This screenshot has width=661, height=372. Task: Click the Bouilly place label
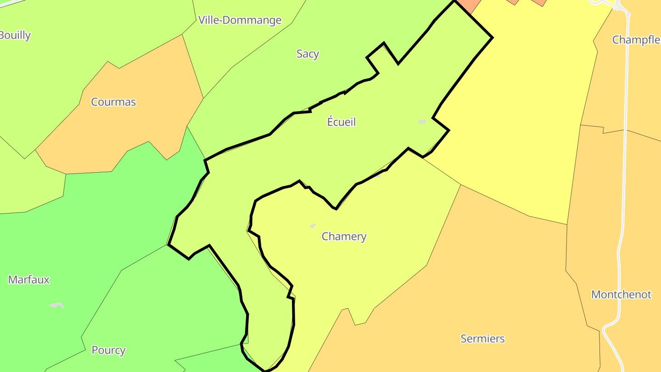click(15, 35)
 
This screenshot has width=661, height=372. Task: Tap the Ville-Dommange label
click(240, 20)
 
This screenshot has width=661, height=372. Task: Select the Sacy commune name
click(308, 54)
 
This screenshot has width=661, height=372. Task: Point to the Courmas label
click(113, 102)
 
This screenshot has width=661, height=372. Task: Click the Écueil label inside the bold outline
click(342, 122)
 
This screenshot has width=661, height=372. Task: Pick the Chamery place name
click(344, 237)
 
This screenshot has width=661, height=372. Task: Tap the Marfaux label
click(29, 280)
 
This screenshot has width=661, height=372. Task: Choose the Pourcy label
click(108, 350)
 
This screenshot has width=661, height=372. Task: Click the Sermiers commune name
click(482, 339)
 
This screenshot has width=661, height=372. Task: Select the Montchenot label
click(621, 294)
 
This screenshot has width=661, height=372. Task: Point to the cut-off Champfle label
click(636, 40)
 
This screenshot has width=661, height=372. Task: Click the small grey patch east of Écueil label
click(422, 122)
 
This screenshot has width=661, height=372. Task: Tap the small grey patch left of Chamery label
click(313, 225)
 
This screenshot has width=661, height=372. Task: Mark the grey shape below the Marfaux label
click(57, 305)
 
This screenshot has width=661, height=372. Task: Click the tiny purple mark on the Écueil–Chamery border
click(377, 176)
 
